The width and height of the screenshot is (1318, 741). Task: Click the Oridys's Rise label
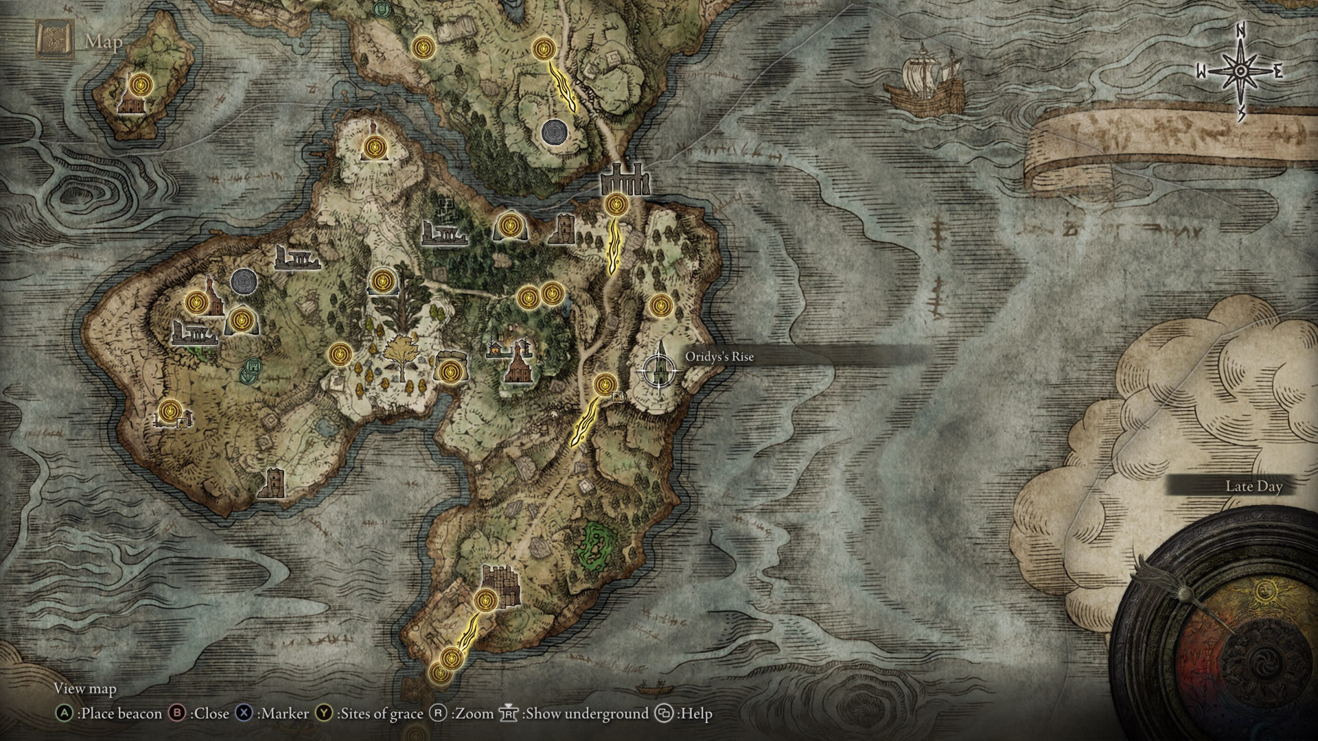tap(719, 357)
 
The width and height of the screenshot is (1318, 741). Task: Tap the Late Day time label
tap(1253, 486)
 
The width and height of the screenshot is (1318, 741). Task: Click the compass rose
tap(1240, 71)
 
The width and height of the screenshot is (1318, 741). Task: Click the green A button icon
tap(65, 714)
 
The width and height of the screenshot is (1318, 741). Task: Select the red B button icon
tap(178, 714)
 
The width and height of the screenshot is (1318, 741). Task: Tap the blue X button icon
tap(244, 714)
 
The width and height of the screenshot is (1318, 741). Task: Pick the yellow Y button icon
tap(324, 714)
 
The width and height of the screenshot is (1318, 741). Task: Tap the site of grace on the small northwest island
tap(141, 85)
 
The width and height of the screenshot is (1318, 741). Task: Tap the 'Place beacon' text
tap(119, 714)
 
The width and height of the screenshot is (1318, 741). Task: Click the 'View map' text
tap(85, 688)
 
